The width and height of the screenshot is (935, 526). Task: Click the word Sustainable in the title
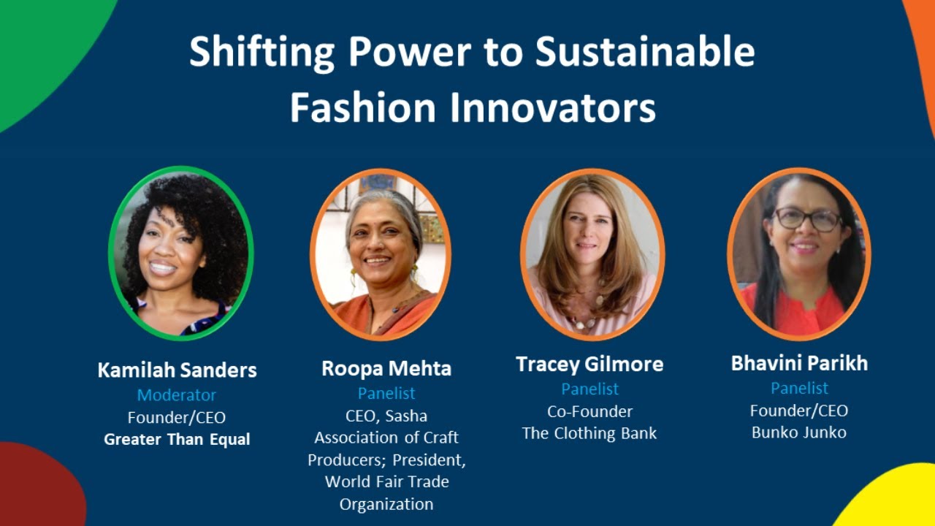pyautogui.click(x=645, y=53)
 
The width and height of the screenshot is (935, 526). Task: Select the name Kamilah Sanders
pyautogui.click(x=178, y=370)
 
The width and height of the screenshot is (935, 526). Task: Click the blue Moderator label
pyautogui.click(x=177, y=395)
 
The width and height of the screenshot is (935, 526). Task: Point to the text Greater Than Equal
pyautogui.click(x=177, y=440)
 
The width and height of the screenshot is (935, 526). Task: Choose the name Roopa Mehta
pyautogui.click(x=386, y=368)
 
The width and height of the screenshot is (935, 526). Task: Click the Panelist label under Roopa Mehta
pyautogui.click(x=386, y=393)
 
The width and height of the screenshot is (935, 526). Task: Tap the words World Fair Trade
pyautogui.click(x=386, y=482)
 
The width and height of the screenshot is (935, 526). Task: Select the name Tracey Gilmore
pyautogui.click(x=589, y=364)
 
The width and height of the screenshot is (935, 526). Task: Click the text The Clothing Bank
pyautogui.click(x=589, y=433)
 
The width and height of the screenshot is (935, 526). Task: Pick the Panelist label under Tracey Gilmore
pyautogui.click(x=589, y=389)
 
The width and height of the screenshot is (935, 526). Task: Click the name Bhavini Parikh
pyautogui.click(x=799, y=363)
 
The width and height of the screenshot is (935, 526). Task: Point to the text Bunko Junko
pyautogui.click(x=799, y=432)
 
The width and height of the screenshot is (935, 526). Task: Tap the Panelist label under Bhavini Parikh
pyautogui.click(x=799, y=388)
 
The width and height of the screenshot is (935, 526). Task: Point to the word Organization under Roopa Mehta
pyautogui.click(x=386, y=504)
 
